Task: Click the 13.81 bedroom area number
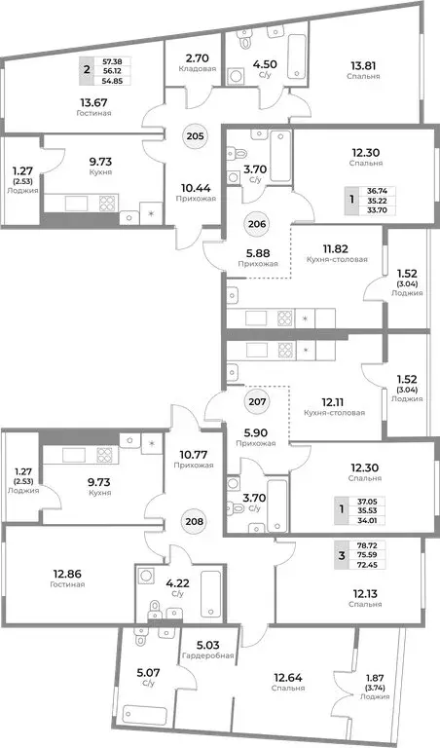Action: [x=365, y=68]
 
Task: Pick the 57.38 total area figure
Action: [x=125, y=59]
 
